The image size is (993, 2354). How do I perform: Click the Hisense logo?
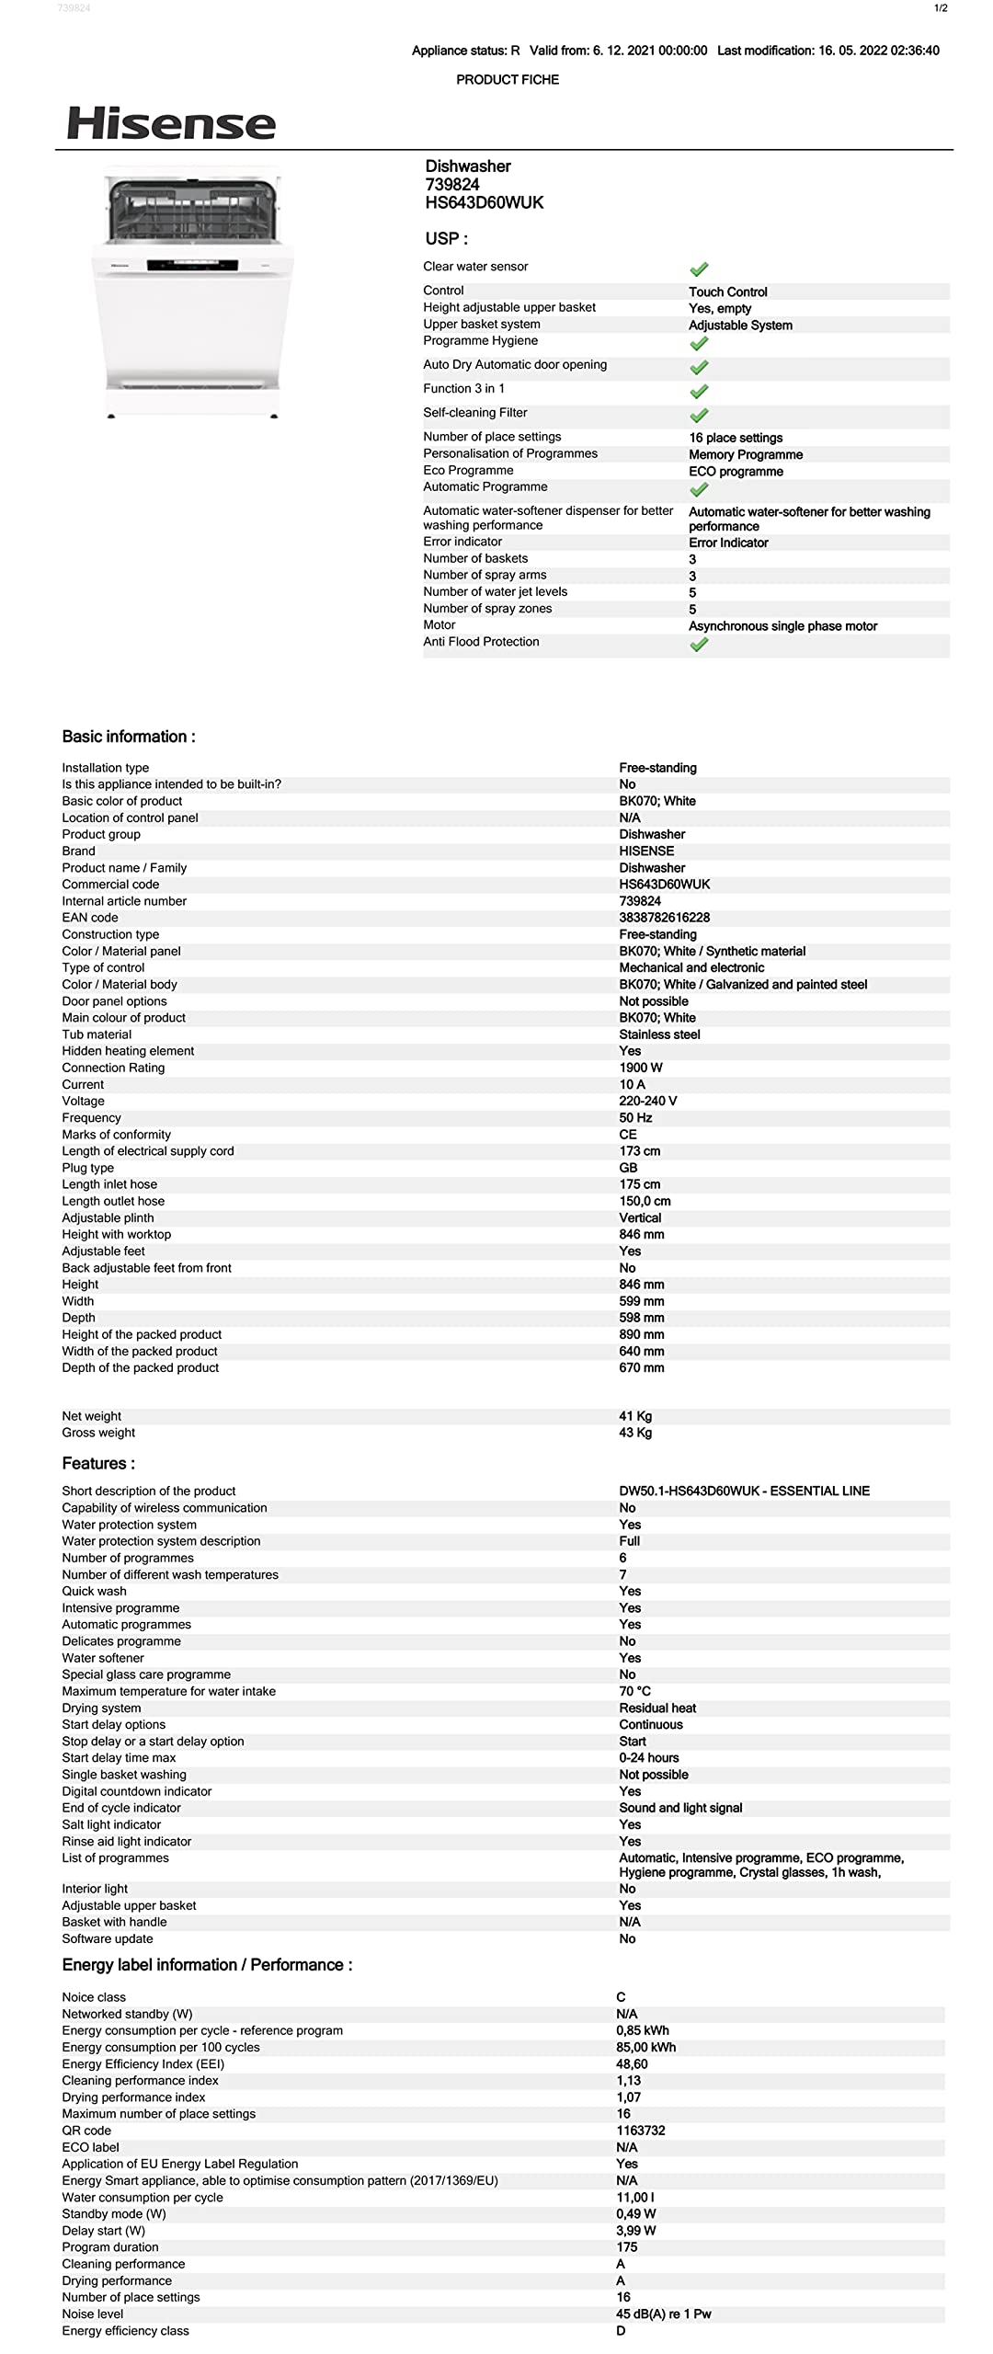coord(171,123)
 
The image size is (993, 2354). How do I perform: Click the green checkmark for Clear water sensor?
coord(699,269)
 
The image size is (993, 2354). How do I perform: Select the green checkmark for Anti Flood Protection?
coord(699,645)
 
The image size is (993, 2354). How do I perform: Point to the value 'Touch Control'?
coord(727,291)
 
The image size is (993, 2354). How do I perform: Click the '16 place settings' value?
coord(736,438)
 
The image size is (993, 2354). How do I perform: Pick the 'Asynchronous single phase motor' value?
coord(782,626)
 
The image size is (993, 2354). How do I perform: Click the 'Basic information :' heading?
coord(129,737)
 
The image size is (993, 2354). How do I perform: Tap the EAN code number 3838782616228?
coord(664,918)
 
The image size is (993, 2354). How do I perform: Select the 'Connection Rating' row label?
coord(113,1068)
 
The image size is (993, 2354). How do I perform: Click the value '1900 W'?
coord(640,1068)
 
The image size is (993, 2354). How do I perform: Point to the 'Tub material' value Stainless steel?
coord(659,1034)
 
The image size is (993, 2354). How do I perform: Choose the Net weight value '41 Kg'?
coord(635,1416)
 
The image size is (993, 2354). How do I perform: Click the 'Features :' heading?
coord(98,1464)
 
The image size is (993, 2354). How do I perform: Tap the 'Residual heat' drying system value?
coord(657,1708)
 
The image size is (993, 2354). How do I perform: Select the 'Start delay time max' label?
coord(119,1757)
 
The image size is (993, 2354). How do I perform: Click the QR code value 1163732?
coord(640,2131)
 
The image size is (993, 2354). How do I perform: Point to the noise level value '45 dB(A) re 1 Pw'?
coord(663,2314)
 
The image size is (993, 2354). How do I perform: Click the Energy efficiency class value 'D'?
coord(621,2331)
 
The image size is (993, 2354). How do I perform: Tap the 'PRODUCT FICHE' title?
coord(508,80)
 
